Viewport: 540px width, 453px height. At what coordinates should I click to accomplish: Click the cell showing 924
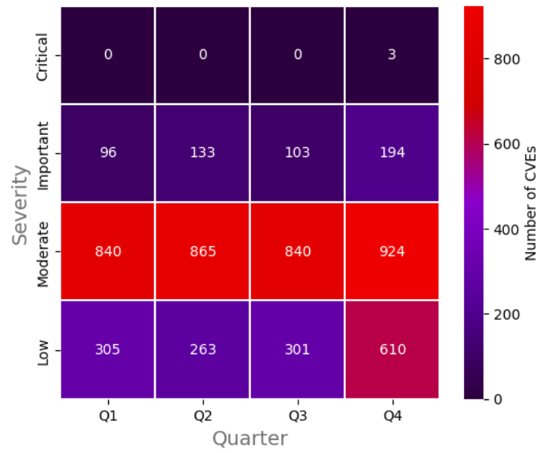pos(392,251)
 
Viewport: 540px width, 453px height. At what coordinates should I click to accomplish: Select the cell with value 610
pos(392,350)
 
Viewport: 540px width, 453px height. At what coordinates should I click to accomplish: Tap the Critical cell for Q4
pos(392,54)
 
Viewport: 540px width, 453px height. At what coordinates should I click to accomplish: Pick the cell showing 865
pos(202,251)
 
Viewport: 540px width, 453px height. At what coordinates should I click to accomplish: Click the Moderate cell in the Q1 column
pos(108,251)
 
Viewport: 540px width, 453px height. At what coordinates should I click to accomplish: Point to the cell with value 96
pos(108,153)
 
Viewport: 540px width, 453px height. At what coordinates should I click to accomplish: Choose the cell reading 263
pos(202,350)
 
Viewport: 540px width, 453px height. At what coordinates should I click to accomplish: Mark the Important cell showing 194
pos(392,153)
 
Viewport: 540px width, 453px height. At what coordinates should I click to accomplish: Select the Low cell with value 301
pos(297,350)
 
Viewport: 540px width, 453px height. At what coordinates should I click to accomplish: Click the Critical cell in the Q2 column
pos(202,54)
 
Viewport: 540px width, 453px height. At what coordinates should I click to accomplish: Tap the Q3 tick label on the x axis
pos(297,415)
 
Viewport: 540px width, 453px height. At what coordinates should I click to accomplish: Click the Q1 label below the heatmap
pos(108,415)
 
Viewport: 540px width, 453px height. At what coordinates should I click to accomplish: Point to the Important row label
pos(43,153)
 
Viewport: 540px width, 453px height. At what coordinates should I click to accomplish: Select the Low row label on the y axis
pos(43,350)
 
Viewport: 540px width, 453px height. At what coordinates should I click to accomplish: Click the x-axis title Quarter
pos(250,438)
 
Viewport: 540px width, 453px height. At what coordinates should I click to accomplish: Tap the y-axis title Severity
pos(21,202)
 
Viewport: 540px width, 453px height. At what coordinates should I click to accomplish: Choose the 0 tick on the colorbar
pos(497,399)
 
